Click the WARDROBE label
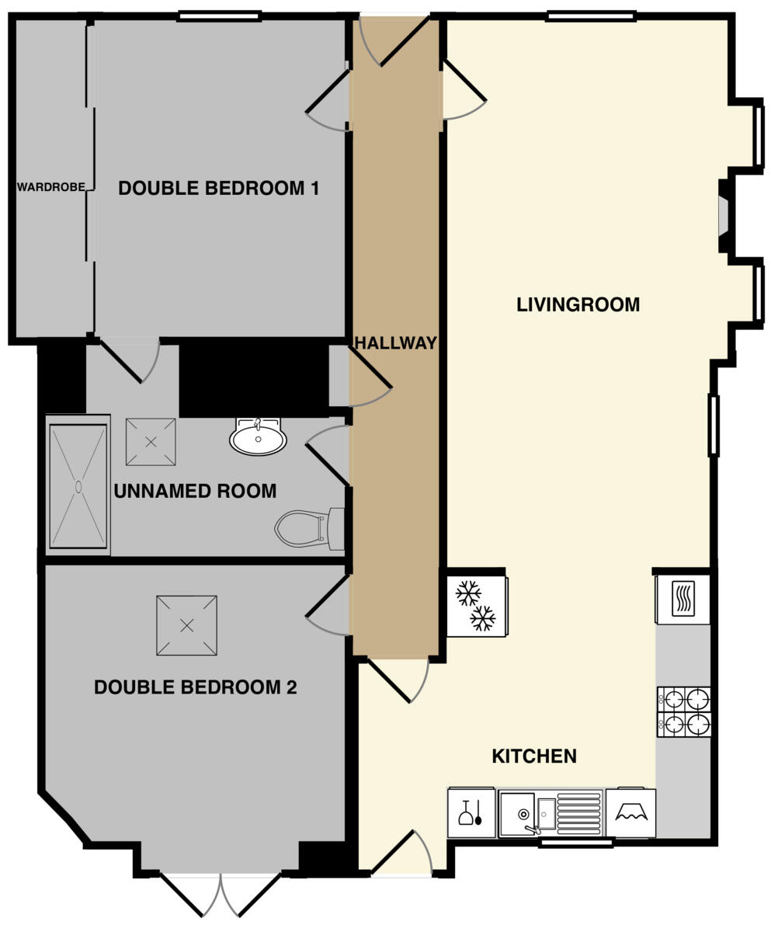[51, 187]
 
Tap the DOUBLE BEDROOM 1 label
[218, 188]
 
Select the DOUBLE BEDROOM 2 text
[195, 687]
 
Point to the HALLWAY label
[396, 343]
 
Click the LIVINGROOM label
[578, 304]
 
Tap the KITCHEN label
[534, 756]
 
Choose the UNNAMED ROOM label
[195, 491]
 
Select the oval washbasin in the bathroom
[258, 438]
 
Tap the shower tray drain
[78, 486]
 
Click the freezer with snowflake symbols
[476, 606]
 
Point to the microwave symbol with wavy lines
[683, 599]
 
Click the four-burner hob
[683, 711]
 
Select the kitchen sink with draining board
[550, 813]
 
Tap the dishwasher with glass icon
[471, 813]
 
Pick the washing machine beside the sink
[630, 813]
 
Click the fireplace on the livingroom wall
[724, 216]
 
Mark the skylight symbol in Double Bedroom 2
[186, 625]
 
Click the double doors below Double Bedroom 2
[221, 893]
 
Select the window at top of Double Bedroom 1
[218, 16]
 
